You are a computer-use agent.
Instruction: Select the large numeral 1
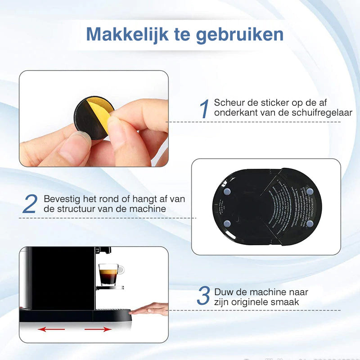(205, 109)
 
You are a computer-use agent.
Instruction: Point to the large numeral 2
(29, 204)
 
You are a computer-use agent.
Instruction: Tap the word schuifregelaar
(321, 113)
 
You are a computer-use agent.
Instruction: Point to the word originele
(256, 302)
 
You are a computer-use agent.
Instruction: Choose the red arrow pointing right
(98, 329)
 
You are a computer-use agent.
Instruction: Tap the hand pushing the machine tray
(151, 309)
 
